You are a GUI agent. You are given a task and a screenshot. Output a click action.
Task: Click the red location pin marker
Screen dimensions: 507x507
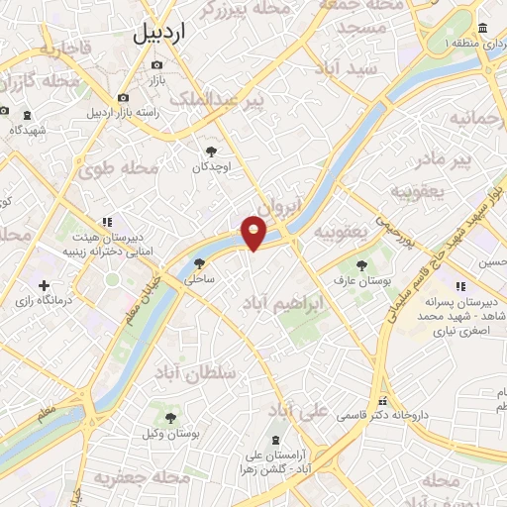pos(255,232)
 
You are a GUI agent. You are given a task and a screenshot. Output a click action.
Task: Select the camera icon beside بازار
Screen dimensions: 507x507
pos(156,65)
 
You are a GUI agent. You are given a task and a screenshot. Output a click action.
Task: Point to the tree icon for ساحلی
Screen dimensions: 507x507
pos(200,263)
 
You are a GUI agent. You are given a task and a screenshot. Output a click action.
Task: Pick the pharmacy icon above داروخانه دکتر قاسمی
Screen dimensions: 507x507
pos(382,402)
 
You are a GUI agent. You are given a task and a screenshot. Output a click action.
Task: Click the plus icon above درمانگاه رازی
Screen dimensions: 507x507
pos(43,285)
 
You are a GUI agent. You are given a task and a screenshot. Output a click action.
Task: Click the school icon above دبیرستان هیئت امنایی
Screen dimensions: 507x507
pos(106,224)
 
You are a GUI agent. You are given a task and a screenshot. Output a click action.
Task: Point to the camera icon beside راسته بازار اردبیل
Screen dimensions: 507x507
pos(123,98)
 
